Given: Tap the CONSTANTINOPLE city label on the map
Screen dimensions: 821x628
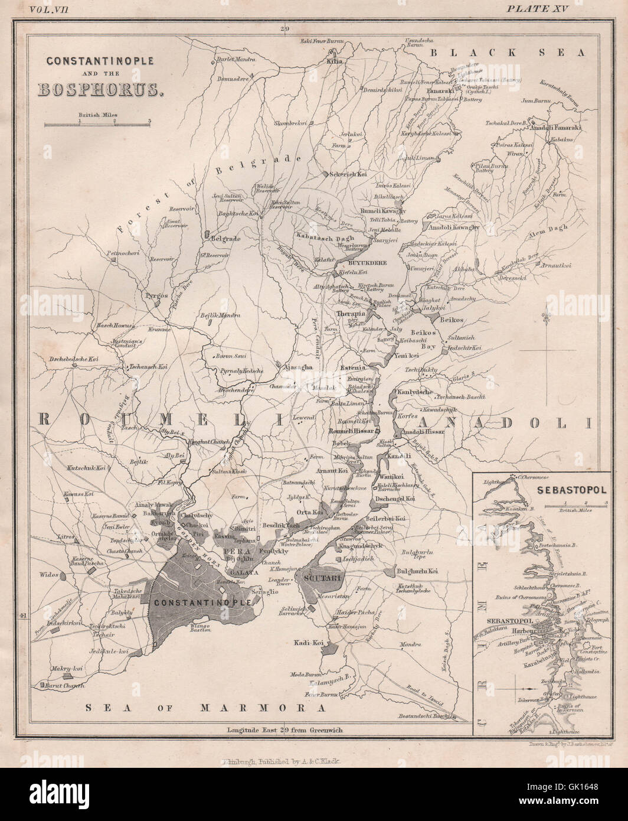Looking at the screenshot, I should click(202, 602).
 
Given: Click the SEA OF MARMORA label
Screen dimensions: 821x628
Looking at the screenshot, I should click(205, 707).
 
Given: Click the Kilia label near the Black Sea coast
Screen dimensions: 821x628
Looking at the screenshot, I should click(334, 61).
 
